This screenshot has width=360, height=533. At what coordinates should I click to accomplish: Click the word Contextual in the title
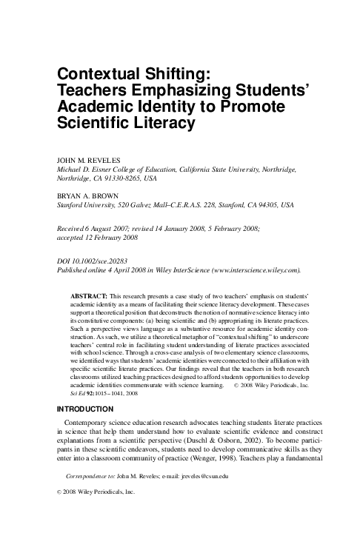[101, 73]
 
